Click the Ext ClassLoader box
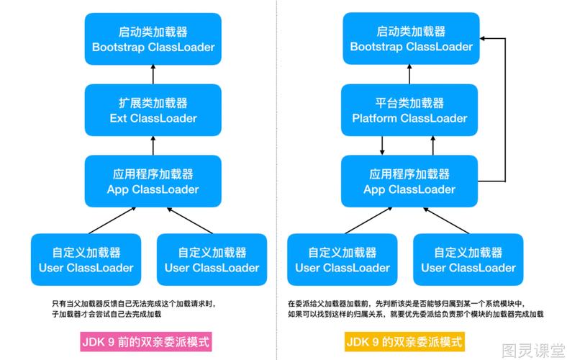[x=153, y=109]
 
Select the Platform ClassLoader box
[x=410, y=109]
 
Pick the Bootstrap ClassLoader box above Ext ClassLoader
[x=153, y=38]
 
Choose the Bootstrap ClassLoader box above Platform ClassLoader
[x=410, y=38]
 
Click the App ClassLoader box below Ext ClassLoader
[x=153, y=181]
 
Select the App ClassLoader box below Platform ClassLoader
[x=410, y=181]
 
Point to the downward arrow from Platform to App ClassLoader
[x=383, y=145]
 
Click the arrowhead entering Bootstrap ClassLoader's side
[x=486, y=38]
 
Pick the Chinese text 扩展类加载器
[x=153, y=102]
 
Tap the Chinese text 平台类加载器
[x=410, y=102]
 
